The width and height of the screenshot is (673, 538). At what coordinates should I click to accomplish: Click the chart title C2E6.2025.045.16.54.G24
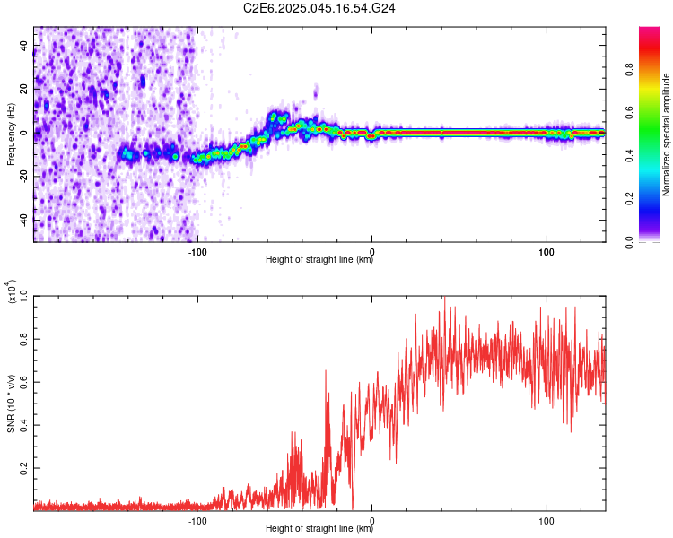(x=320, y=8)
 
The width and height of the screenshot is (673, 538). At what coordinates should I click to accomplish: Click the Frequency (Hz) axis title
(x=12, y=134)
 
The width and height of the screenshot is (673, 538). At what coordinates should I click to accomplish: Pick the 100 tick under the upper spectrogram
(x=546, y=250)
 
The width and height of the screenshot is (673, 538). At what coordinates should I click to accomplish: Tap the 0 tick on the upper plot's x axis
(x=372, y=250)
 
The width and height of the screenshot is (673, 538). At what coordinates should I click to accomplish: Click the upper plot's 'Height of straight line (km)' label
(x=319, y=260)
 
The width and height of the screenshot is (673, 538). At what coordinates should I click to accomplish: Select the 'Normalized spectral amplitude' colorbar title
(x=667, y=134)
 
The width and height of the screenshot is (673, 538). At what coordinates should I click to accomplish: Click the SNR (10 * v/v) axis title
(x=12, y=403)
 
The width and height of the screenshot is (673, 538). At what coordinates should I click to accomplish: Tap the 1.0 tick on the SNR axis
(x=22, y=296)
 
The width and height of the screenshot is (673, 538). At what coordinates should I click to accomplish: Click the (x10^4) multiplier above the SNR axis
(x=12, y=292)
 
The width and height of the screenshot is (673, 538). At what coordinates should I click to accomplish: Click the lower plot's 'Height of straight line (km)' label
(x=319, y=529)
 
